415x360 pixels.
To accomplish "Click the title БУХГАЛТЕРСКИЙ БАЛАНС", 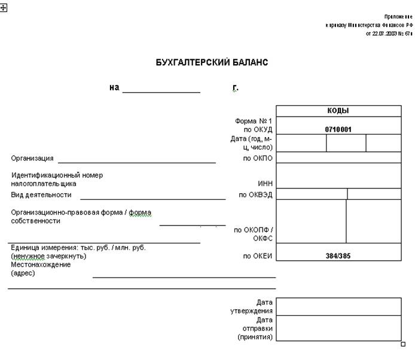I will coord(212,62).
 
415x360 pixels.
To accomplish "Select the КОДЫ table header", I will coord(338,111).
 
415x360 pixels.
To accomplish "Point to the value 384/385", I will coord(338,256).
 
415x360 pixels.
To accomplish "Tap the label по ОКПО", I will coord(258,158).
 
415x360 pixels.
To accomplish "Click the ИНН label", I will coord(265,184).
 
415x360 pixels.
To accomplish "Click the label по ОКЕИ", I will coord(258,256).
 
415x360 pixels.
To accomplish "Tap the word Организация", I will coord(32,158).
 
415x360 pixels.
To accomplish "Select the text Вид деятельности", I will coord(41,194).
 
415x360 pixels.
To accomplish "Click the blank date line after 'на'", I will coord(161,91).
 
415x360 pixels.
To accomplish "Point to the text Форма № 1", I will coord(254,121).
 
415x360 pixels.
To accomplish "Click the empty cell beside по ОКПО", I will coord(338,158).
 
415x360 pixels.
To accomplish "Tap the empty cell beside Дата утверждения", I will coord(338,306).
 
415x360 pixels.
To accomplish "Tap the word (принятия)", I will coord(255,337).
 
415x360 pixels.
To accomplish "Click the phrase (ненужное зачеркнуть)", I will coord(49,256).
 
